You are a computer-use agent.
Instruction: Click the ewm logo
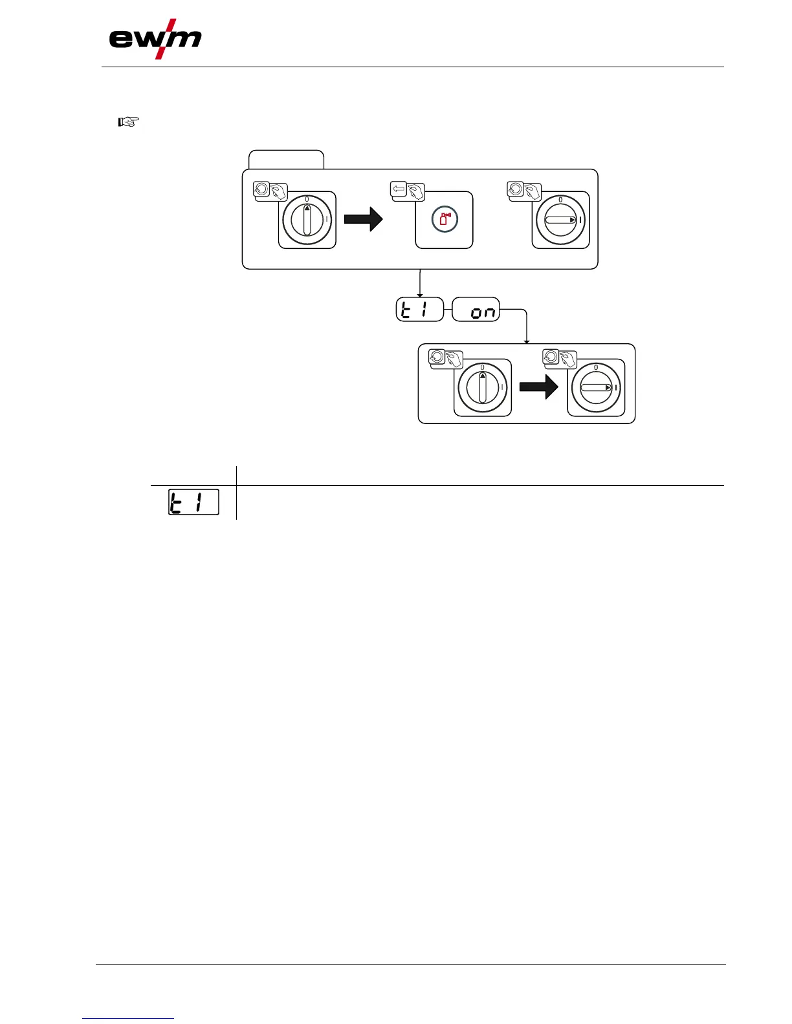[155, 40]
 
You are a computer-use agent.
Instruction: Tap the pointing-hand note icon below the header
[129, 122]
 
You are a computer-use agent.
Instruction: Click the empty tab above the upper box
[286, 160]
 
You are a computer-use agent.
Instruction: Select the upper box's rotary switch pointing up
[307, 220]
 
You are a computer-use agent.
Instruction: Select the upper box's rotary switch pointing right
[560, 220]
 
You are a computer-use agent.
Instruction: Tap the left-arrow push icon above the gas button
[398, 189]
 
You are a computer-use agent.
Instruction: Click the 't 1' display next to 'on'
[420, 310]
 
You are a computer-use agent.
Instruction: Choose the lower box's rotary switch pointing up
[482, 388]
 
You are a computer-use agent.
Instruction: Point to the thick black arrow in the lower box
[539, 388]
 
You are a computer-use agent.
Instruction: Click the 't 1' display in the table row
[193, 502]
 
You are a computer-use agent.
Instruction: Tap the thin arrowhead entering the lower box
[527, 341]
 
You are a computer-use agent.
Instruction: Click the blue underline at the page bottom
[129, 1018]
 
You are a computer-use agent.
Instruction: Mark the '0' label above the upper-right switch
[560, 199]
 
